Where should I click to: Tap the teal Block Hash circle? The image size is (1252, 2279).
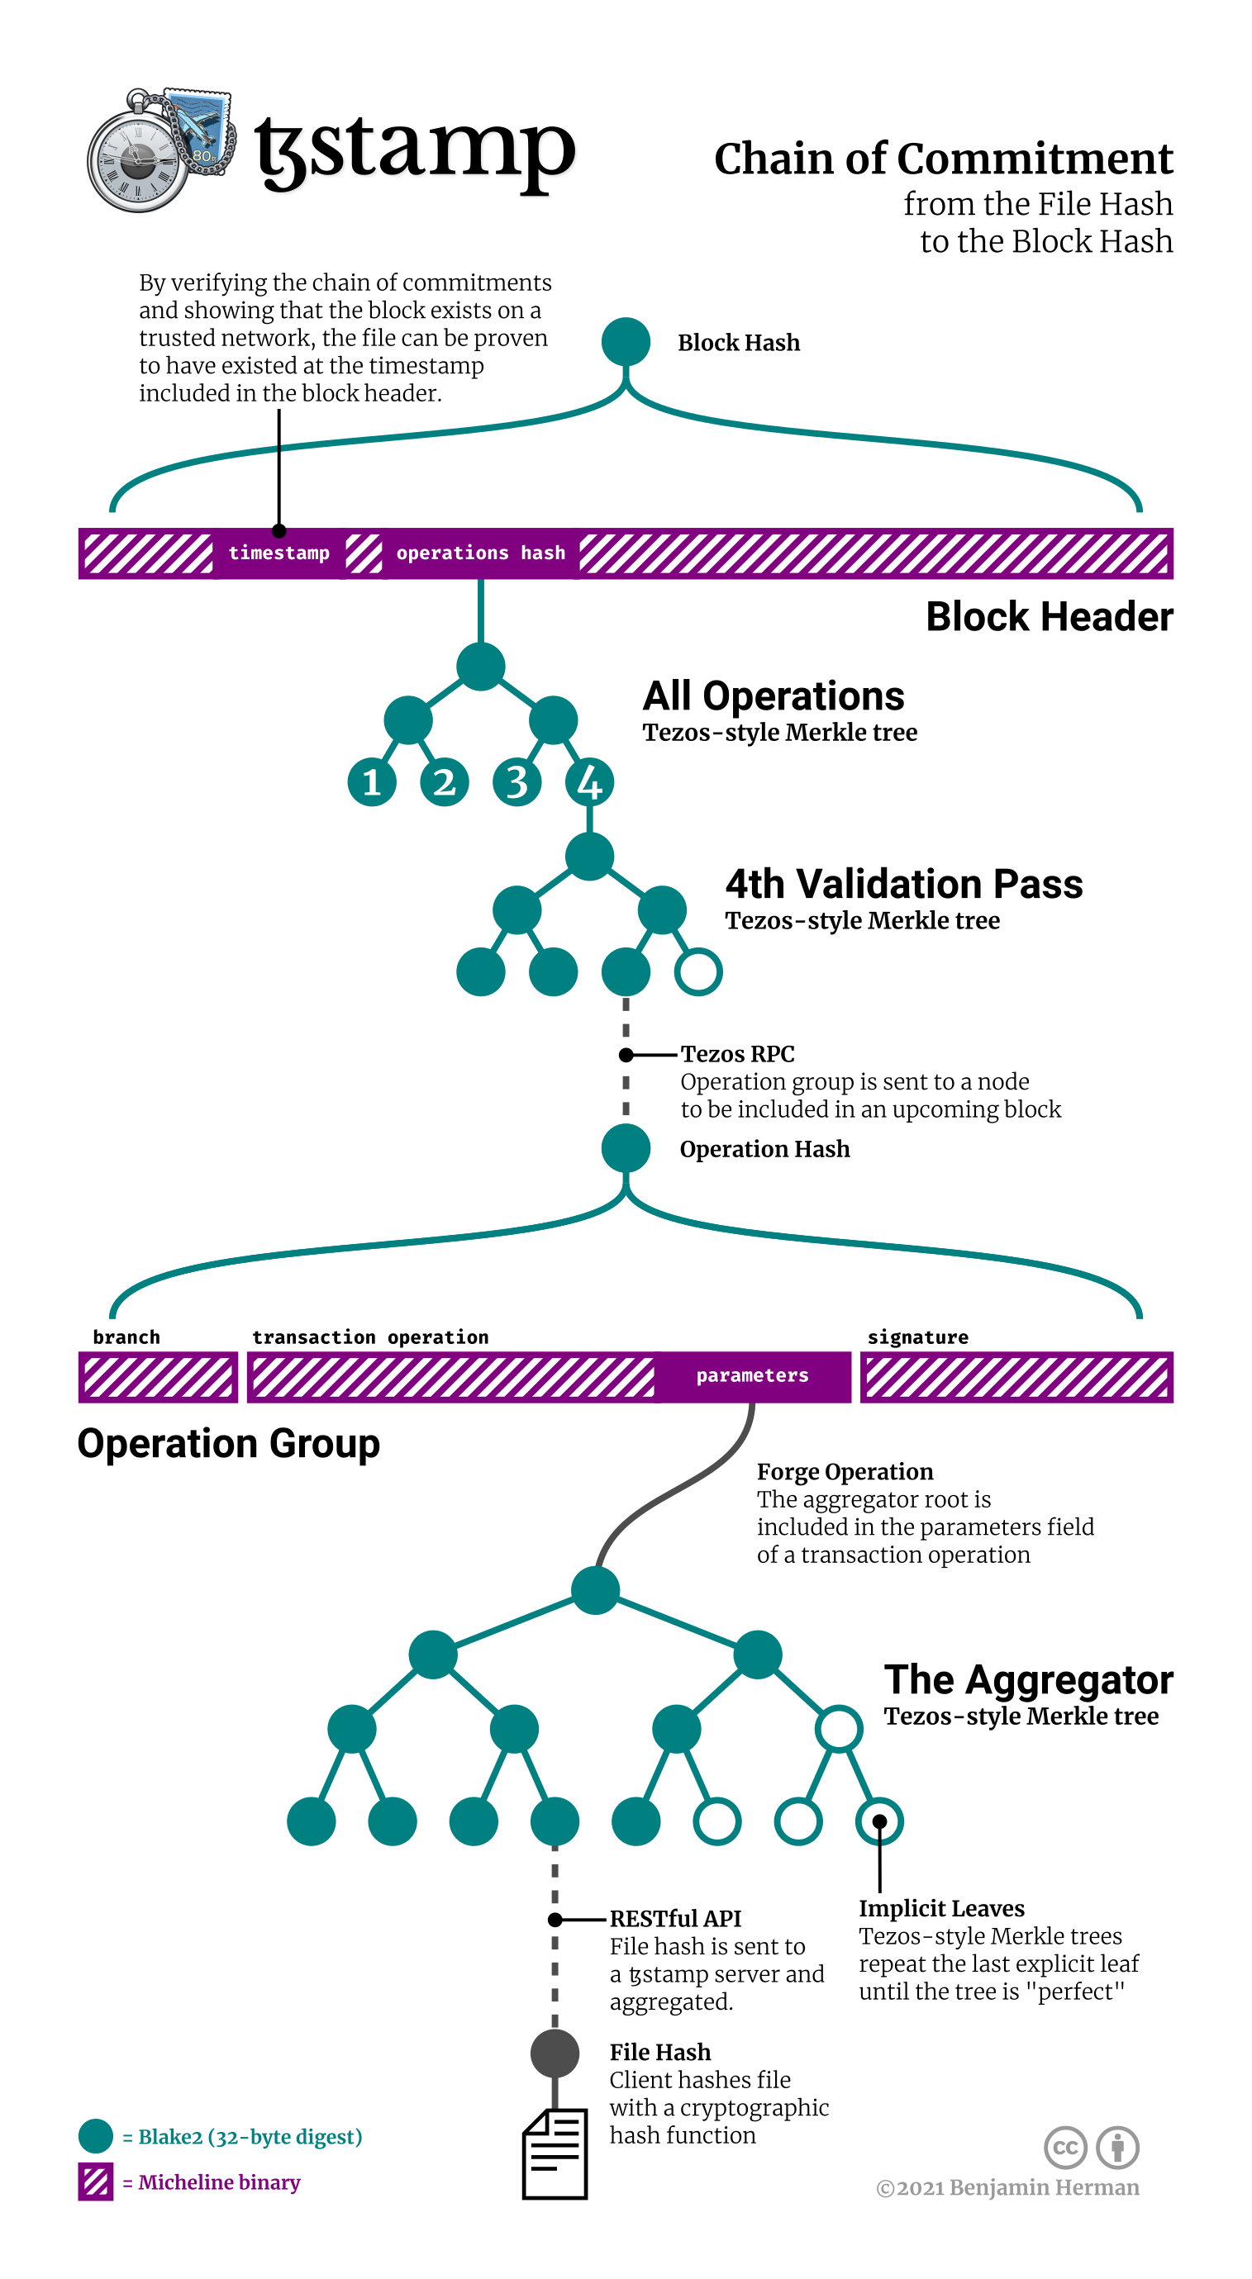(626, 341)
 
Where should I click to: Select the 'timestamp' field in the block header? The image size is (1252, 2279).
(278, 553)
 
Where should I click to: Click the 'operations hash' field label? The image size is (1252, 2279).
(480, 553)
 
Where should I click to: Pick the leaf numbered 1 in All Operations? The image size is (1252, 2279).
(372, 782)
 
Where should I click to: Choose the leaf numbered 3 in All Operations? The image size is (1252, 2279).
(517, 782)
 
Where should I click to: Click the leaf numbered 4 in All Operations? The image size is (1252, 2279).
(589, 782)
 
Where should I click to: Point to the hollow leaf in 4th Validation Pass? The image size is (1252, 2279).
(698, 971)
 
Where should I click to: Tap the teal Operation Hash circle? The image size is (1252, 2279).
(626, 1148)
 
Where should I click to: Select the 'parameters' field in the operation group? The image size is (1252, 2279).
(752, 1375)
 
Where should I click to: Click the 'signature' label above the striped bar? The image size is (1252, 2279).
(917, 1337)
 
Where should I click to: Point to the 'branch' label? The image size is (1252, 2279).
(126, 1337)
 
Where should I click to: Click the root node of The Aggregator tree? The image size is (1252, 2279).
(596, 1590)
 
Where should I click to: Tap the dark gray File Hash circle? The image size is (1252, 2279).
(555, 2053)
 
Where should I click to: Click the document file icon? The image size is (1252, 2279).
(555, 2154)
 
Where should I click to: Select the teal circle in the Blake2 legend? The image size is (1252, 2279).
(96, 2135)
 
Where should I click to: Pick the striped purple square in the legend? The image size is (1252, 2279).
(96, 2182)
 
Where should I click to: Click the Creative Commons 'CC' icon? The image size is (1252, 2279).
(1065, 2147)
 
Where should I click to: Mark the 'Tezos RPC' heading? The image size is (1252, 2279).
(737, 1054)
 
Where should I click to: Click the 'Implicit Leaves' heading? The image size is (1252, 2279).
(941, 1908)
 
